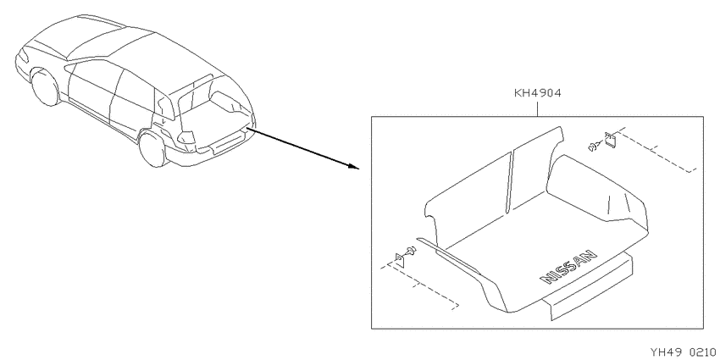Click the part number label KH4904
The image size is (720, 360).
537,94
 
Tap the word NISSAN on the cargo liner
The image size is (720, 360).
568,267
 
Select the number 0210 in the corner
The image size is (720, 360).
703,352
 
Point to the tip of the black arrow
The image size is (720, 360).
359,168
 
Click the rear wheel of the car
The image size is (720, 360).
152,149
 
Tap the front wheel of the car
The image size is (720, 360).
45,87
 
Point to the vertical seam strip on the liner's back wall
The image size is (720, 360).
510,182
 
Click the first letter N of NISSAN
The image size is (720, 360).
547,279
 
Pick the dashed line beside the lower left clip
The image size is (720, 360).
419,285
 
